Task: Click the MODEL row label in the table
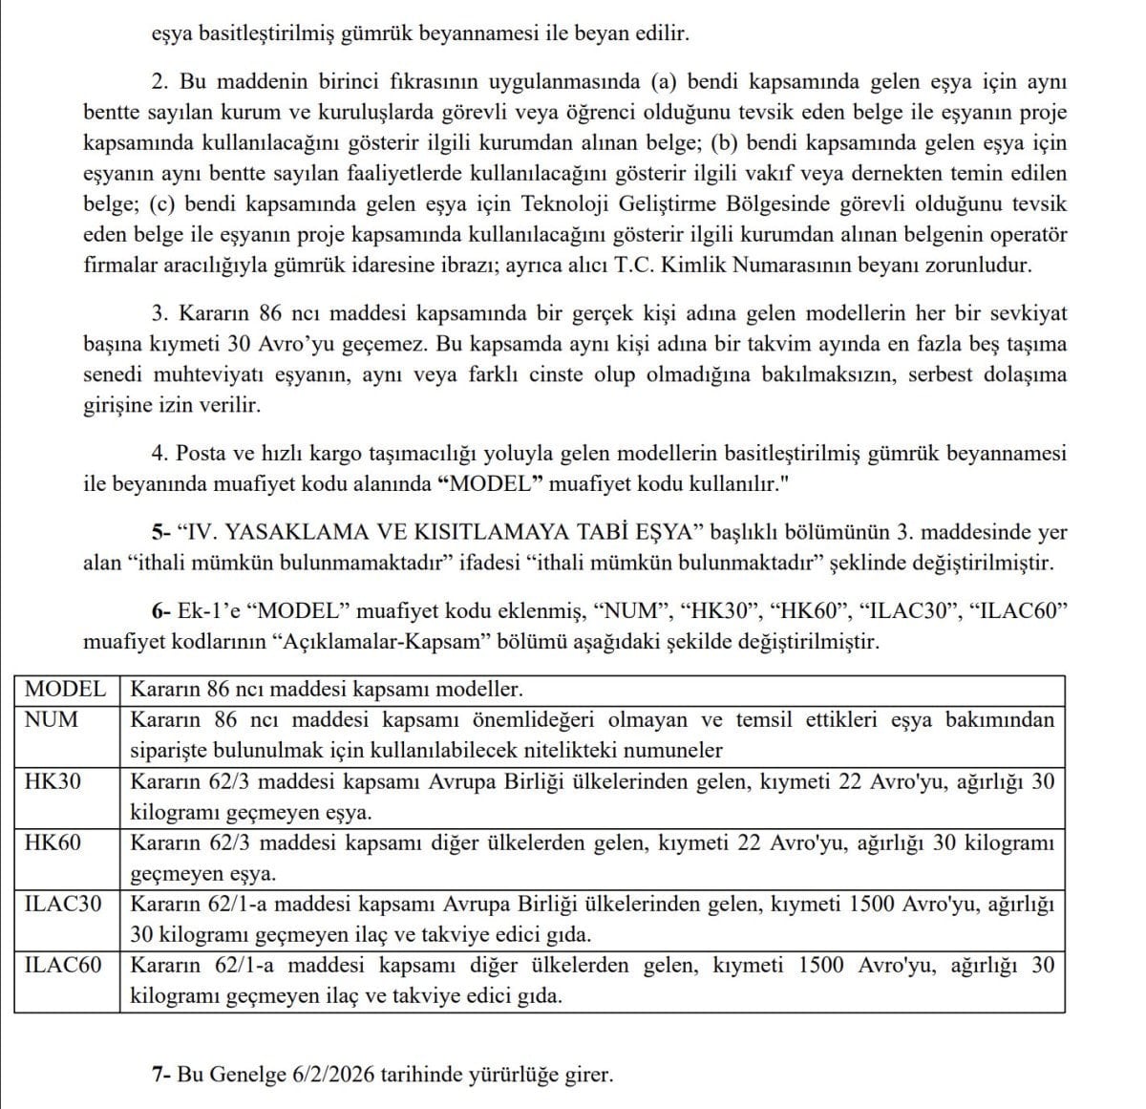(x=65, y=689)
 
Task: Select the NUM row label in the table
(x=52, y=719)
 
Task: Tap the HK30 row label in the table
(x=53, y=781)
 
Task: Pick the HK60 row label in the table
(x=53, y=842)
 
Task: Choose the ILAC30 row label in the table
(x=63, y=904)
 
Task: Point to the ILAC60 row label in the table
(x=63, y=965)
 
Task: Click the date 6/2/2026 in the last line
(x=329, y=1075)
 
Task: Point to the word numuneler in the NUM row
(x=670, y=750)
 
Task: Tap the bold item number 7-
(x=160, y=1075)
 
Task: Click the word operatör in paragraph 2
(x=1028, y=234)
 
